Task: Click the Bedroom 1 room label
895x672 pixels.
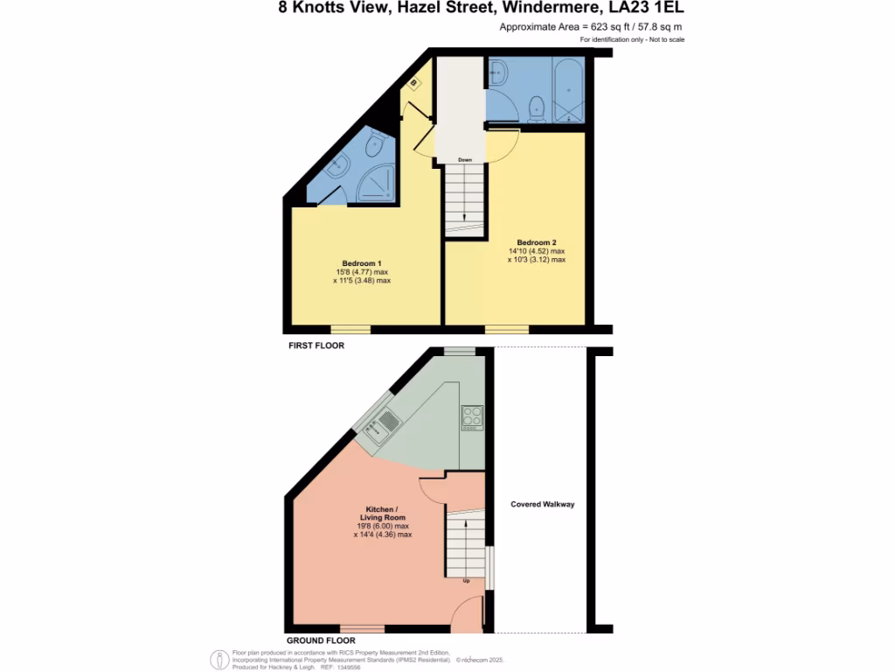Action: tap(361, 263)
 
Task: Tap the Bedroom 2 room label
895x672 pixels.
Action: tap(536, 242)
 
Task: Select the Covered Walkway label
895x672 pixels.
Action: tap(543, 504)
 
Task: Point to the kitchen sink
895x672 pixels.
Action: tap(385, 427)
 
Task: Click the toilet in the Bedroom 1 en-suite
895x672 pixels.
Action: tap(375, 144)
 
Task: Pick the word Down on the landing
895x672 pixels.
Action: tap(465, 159)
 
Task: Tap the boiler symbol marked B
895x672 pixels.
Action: tap(414, 83)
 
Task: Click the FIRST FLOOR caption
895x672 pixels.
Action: tap(316, 346)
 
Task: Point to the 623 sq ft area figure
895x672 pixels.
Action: tap(597, 27)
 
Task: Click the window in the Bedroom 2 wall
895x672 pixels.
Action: tap(507, 330)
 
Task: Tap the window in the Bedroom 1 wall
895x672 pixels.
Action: tap(350, 330)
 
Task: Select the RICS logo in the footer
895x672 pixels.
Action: tap(219, 659)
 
